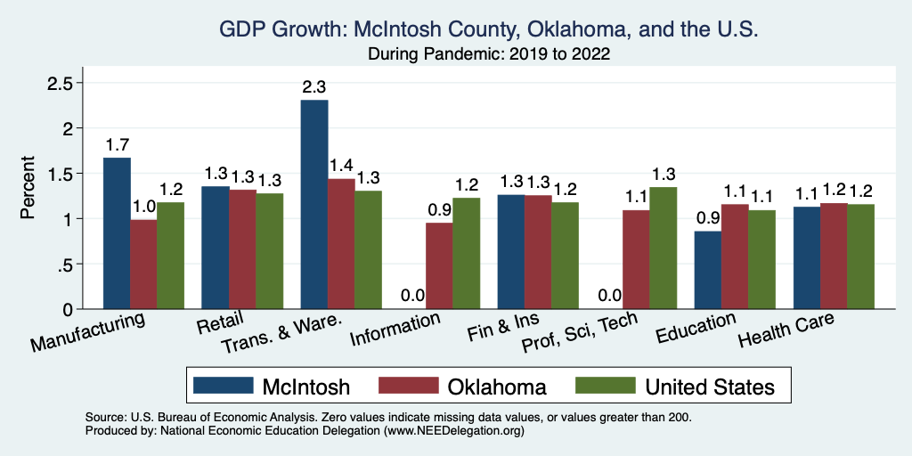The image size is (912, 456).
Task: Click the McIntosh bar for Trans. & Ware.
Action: click(314, 205)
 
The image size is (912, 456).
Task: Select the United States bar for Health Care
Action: click(860, 256)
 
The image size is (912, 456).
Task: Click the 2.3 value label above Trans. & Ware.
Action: click(314, 87)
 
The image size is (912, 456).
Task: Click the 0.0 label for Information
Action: click(412, 296)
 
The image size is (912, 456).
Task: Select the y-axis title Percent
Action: click(28, 189)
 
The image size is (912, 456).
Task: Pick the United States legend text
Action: click(710, 387)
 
